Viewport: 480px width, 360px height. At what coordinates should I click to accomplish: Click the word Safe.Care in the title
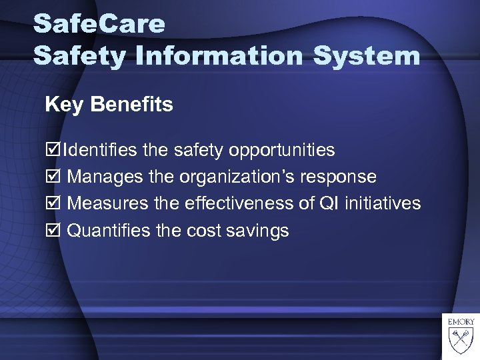click(99, 24)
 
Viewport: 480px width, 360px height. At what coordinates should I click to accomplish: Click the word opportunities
click(281, 151)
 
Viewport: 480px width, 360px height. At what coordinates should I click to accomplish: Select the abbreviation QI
click(327, 203)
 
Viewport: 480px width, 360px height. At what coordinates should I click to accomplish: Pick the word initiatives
click(382, 203)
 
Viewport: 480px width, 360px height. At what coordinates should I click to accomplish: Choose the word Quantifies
click(108, 231)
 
